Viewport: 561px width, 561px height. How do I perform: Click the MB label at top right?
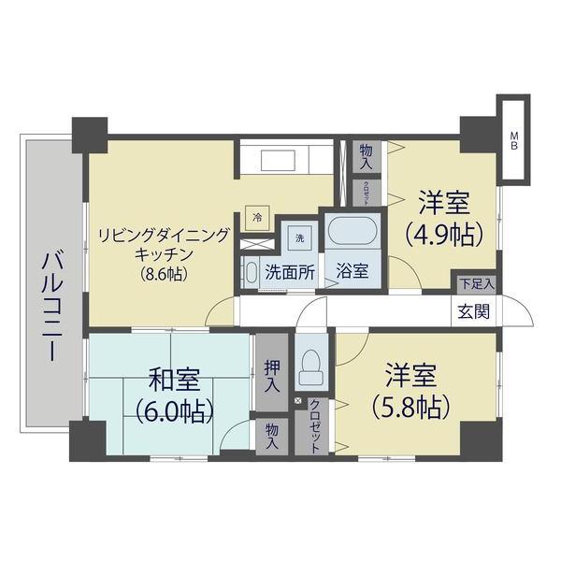point(513,139)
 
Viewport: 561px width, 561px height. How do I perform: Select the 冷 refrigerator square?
point(257,216)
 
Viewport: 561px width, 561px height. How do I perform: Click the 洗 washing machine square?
point(300,237)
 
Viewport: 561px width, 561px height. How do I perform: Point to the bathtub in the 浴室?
point(351,230)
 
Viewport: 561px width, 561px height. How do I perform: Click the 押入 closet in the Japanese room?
point(271,372)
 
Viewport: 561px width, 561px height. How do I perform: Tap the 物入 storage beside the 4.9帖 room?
point(366,156)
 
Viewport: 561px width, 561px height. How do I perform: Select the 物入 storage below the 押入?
point(271,435)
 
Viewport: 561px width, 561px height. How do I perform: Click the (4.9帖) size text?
point(443,233)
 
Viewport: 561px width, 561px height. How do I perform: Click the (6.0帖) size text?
point(174,410)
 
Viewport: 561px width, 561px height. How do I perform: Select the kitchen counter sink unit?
point(285,157)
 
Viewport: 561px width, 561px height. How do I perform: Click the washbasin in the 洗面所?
point(251,273)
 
